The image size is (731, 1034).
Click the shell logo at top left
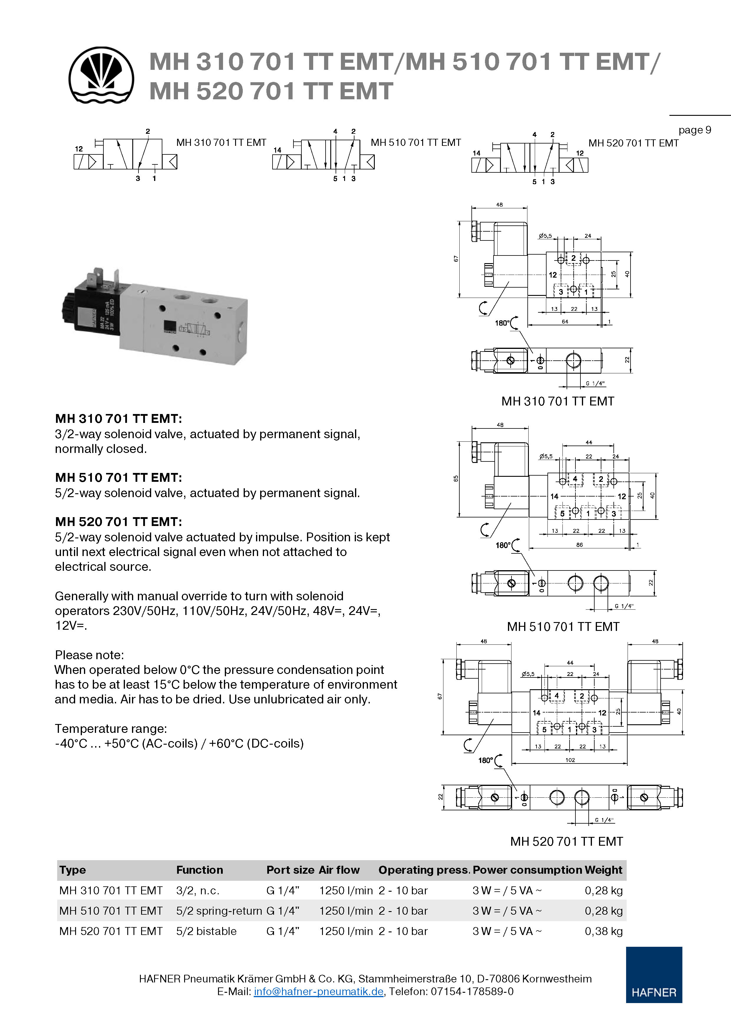101,75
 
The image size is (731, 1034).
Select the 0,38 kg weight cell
603,931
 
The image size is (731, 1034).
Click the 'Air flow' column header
339,870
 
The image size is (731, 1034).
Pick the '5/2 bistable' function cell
206,931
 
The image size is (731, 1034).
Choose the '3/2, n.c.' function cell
198,890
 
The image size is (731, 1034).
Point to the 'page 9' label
694,130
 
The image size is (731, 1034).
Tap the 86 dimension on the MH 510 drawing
579,545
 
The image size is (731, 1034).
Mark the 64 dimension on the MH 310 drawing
565,321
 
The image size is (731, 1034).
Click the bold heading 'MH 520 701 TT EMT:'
118,522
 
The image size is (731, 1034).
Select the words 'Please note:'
89,655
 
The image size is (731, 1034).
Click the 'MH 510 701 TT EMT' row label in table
111,911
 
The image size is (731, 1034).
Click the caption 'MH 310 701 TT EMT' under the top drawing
557,401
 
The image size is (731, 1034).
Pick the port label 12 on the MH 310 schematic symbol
79,149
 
